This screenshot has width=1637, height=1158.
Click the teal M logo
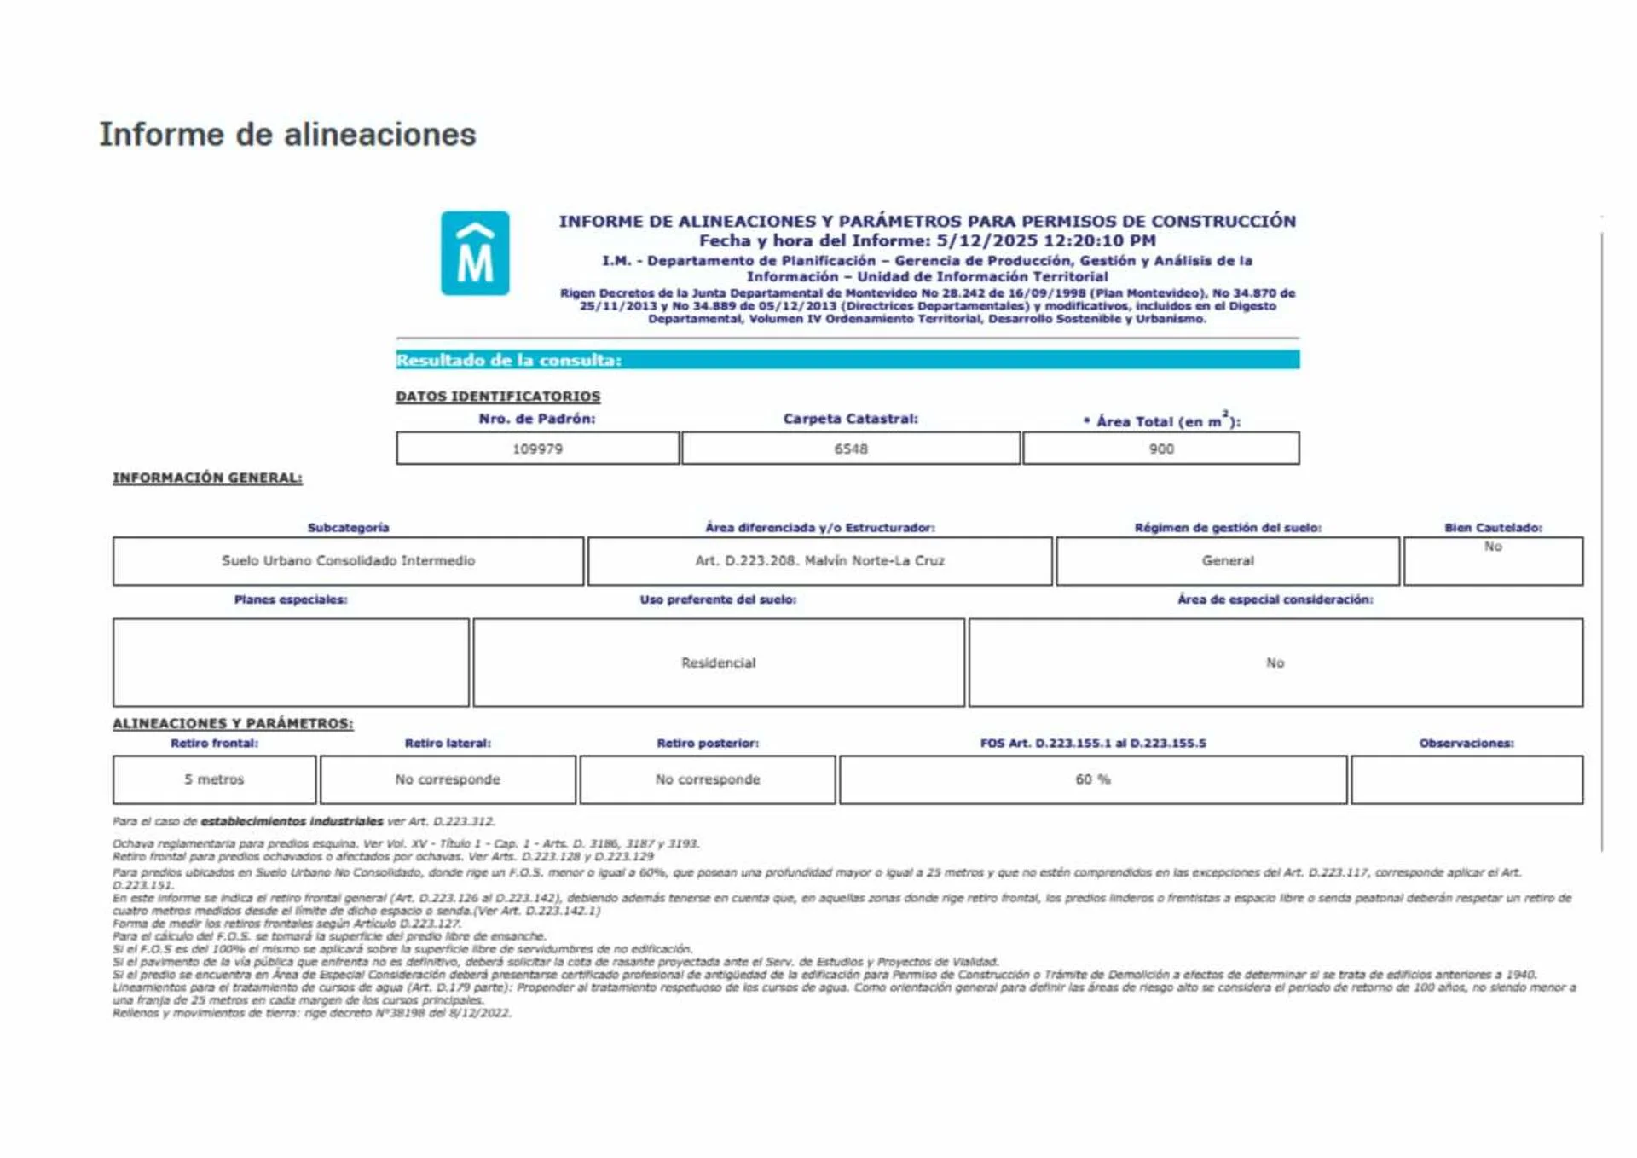[x=475, y=253]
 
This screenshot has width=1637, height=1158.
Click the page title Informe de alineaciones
[x=287, y=135]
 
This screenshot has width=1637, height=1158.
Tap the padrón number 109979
[x=537, y=449]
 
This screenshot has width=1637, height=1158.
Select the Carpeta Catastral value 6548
[x=850, y=449]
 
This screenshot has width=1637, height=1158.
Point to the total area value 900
[x=1160, y=449]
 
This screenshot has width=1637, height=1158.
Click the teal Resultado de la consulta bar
[x=847, y=360]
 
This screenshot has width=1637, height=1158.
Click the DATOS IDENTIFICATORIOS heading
[x=498, y=397]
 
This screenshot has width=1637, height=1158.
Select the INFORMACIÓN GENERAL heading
[x=207, y=478]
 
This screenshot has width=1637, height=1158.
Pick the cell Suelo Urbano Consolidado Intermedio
[x=348, y=560]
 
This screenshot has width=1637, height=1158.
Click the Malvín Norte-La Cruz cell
[x=819, y=560]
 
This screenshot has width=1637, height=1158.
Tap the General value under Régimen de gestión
[x=1227, y=560]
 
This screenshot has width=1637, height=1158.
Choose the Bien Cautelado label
[x=1492, y=528]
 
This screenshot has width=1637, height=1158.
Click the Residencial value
[x=718, y=663]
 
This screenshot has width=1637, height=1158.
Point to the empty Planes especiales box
[x=291, y=663]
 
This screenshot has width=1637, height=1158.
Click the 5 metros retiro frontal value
[x=214, y=779]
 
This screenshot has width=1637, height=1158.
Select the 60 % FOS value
[x=1092, y=779]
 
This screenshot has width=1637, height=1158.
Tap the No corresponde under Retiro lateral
[x=448, y=779]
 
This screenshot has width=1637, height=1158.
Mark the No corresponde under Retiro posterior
[x=708, y=779]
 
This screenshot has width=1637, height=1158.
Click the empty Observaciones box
[x=1466, y=779]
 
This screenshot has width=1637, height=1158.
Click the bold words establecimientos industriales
[x=292, y=821]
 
